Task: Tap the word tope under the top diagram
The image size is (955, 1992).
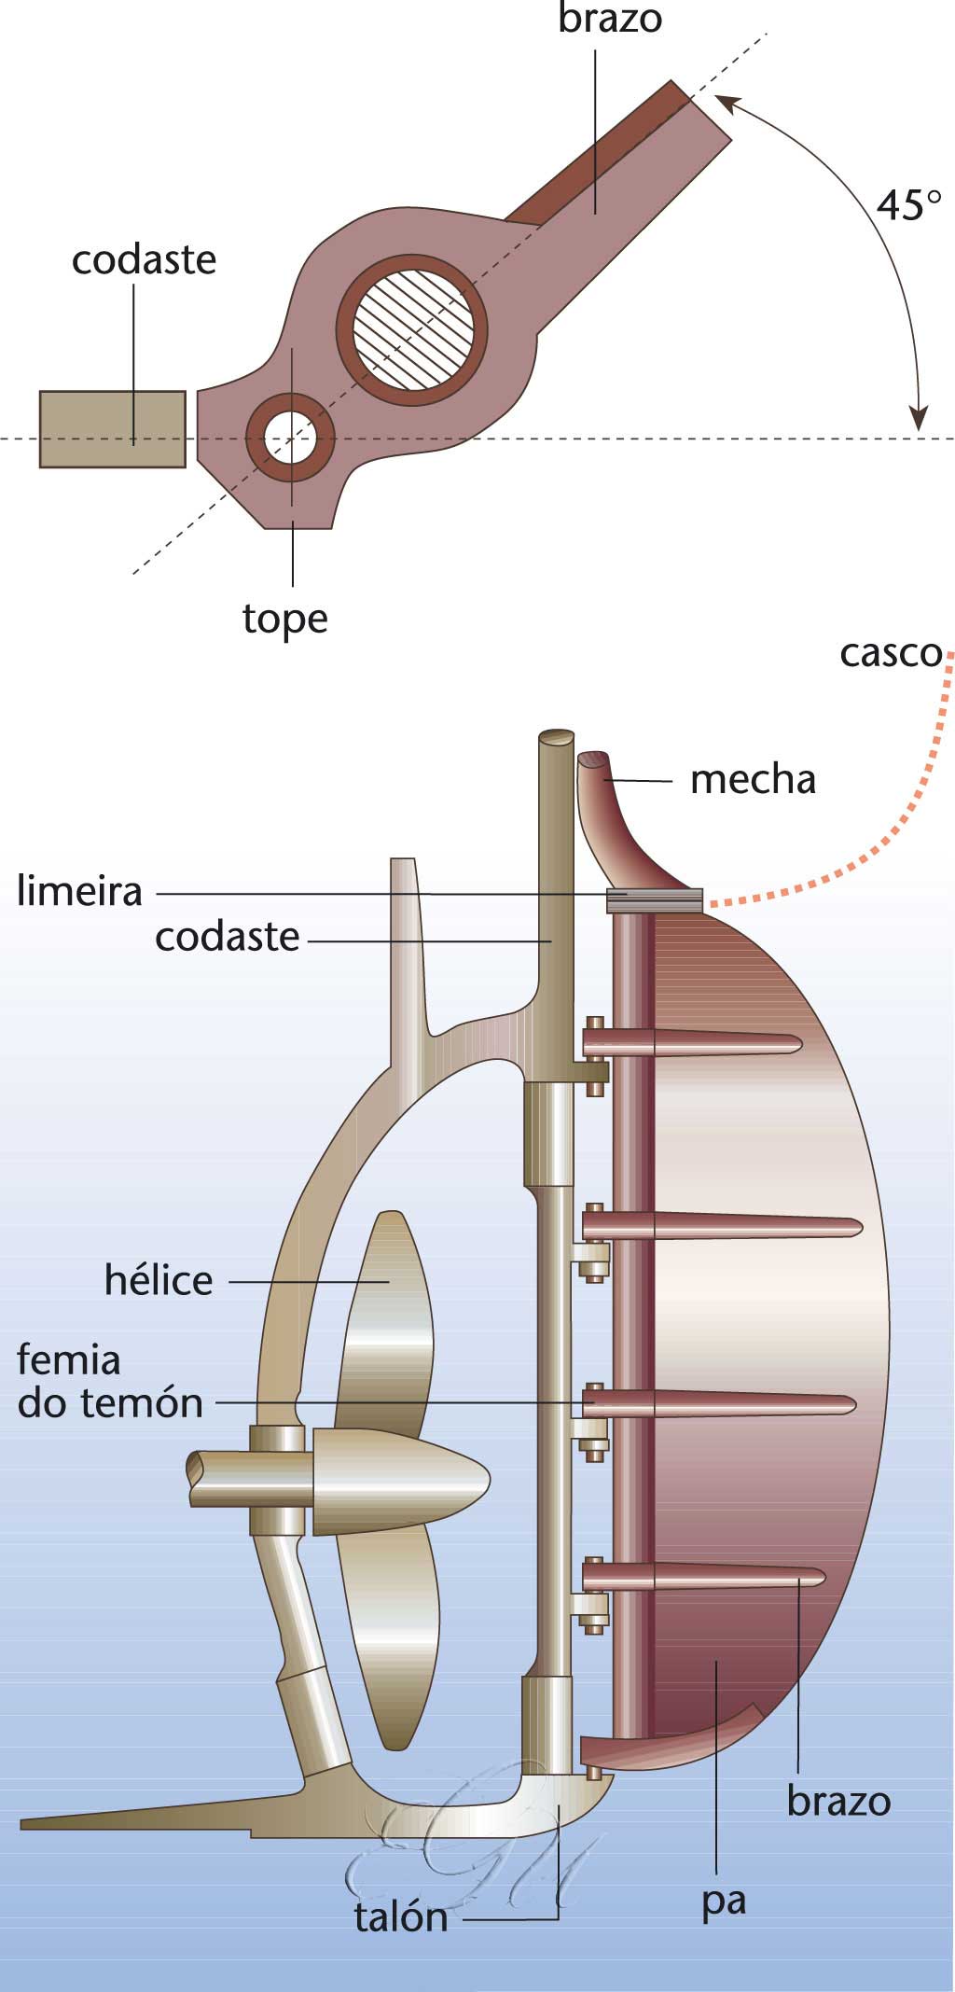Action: tap(284, 619)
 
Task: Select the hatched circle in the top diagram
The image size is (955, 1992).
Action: tap(411, 329)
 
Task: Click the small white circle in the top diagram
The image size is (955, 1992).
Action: tap(290, 438)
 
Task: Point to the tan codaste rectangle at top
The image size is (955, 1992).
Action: tap(112, 428)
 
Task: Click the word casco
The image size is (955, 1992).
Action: tap(891, 653)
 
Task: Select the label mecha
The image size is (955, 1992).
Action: tap(753, 779)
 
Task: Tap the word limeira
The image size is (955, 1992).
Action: tap(80, 892)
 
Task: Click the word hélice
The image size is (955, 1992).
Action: tap(159, 1280)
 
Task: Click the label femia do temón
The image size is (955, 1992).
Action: tap(110, 1382)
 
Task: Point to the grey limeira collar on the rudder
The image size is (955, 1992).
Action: tap(654, 899)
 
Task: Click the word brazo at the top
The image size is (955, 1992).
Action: tap(610, 19)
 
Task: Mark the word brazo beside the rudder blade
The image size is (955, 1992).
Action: tap(838, 1801)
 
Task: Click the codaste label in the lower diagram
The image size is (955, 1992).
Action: tap(227, 938)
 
